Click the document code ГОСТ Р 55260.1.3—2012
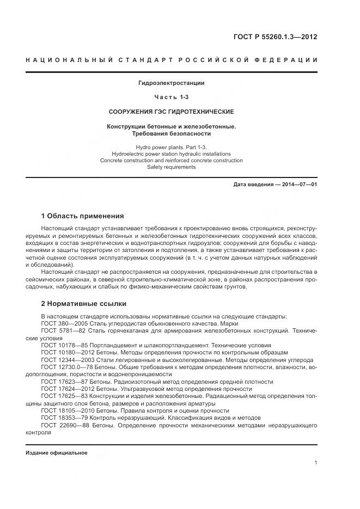pyautogui.click(x=276, y=38)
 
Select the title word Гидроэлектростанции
pyautogui.click(x=172, y=83)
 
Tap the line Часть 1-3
pyautogui.click(x=172, y=97)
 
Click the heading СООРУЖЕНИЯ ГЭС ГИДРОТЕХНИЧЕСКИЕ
pyautogui.click(x=172, y=112)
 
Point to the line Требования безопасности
pyautogui.click(x=172, y=133)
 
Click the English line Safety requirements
pyautogui.click(x=172, y=167)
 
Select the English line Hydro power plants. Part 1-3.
pyautogui.click(x=172, y=148)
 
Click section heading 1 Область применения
pyautogui.click(x=82, y=216)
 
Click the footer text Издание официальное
pyautogui.click(x=56, y=453)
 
